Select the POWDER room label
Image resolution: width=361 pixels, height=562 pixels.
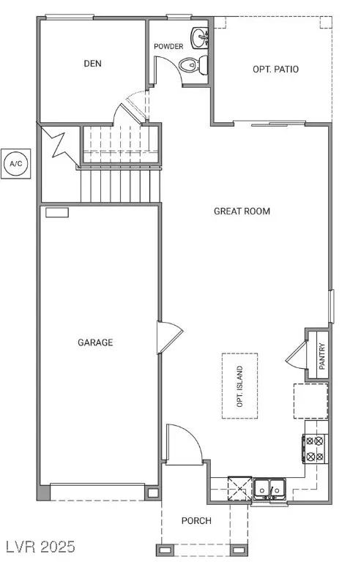tap(168, 47)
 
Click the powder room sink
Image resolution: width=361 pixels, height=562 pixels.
tap(199, 36)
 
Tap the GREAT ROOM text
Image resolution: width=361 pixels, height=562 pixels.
tap(242, 211)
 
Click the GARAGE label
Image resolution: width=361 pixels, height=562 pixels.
tap(95, 342)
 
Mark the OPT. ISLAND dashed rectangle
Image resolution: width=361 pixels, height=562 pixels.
tap(239, 386)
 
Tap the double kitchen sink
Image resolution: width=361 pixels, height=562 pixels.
tap(269, 487)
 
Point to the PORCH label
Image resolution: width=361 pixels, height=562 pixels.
tap(196, 521)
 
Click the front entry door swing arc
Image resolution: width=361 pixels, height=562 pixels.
tap(182, 441)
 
